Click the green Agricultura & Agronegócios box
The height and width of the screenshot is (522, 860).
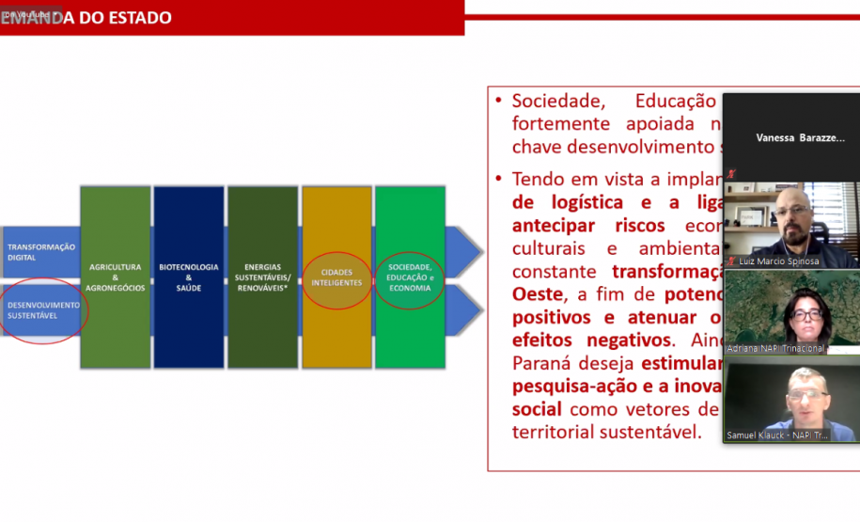click(116, 277)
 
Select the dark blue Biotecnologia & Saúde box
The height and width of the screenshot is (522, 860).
click(188, 277)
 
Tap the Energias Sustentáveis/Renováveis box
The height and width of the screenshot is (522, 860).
click(262, 277)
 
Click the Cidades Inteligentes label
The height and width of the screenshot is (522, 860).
click(336, 277)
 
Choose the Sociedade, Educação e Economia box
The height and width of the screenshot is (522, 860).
click(410, 277)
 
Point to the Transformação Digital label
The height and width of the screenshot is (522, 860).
click(40, 251)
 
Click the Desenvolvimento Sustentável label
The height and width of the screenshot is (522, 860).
click(44, 309)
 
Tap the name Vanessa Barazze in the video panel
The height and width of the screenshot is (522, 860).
click(800, 137)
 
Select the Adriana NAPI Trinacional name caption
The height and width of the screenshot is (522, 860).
click(775, 348)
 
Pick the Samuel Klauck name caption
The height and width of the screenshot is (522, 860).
click(777, 435)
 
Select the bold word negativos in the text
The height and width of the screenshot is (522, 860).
click(618, 340)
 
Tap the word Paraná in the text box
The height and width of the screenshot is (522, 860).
click(537, 363)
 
